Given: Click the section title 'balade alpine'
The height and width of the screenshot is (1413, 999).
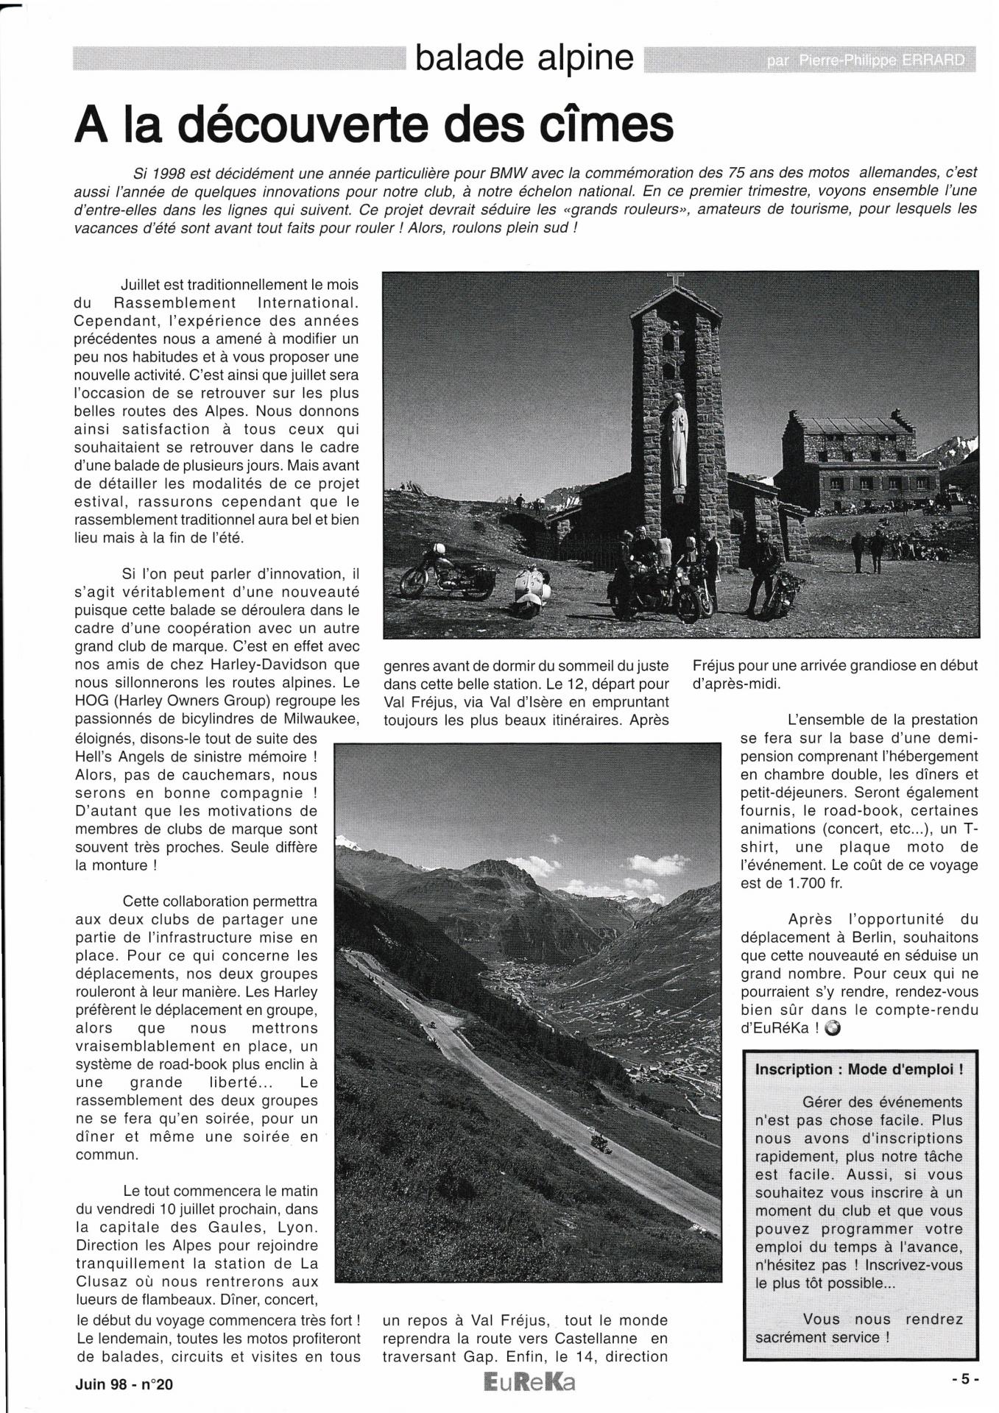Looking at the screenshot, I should tap(524, 58).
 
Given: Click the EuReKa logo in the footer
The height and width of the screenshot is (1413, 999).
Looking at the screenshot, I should tap(529, 1383).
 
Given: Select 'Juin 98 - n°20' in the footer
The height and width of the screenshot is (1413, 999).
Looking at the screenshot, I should tap(124, 1384).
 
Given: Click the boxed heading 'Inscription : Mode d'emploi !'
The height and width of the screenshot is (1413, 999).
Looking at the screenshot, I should tap(859, 1069).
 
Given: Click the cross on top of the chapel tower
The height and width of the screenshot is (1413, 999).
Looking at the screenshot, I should tap(674, 280).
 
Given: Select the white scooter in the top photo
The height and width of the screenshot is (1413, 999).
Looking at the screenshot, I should tap(530, 590).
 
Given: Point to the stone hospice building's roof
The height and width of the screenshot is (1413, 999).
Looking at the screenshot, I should tap(854, 425).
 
